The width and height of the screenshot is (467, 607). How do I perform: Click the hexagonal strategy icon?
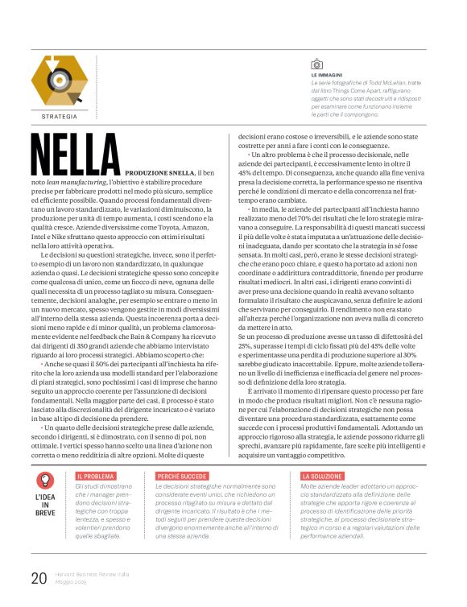point(58,82)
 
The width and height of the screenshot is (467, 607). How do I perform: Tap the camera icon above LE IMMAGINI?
point(316,63)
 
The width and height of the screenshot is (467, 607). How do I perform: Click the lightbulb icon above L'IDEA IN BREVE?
point(46,482)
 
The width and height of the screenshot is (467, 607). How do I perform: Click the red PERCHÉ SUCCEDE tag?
point(182,477)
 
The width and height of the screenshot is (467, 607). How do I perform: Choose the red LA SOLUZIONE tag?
point(321,477)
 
